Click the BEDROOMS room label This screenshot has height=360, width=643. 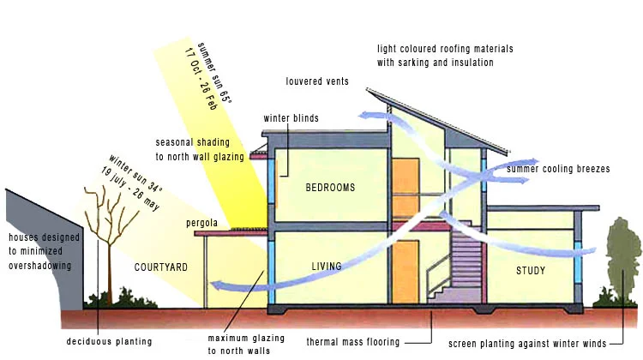[330, 187]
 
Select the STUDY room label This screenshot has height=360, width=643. [530, 272]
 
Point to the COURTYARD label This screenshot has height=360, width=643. [160, 267]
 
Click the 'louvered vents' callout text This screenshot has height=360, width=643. [318, 81]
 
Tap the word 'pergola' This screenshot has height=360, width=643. [203, 224]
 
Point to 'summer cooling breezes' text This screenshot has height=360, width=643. [558, 170]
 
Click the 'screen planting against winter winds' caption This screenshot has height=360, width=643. [528, 342]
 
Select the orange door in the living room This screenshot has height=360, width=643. [405, 271]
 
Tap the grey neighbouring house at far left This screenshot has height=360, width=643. [39, 249]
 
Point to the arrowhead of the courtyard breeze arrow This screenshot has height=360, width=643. [218, 287]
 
